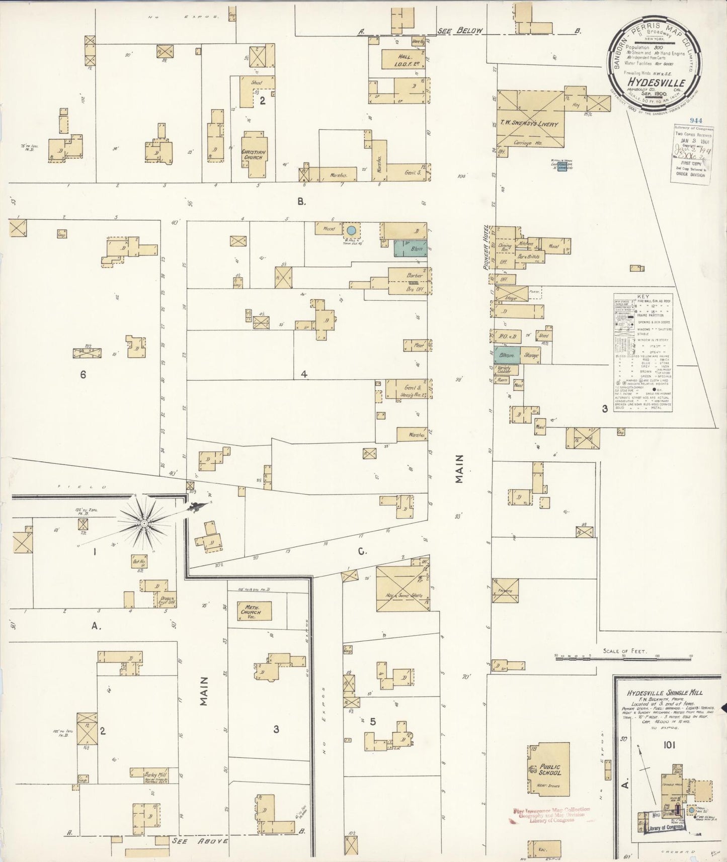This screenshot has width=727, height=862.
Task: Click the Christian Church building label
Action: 254,154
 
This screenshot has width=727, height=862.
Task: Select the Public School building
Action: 549,770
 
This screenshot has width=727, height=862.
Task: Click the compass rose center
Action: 143,523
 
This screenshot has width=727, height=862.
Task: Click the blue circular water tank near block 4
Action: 352,230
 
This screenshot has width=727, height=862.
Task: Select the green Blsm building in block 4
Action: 411,248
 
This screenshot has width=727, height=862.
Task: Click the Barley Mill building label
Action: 149,775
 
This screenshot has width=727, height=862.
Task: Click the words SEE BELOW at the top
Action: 460,31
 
